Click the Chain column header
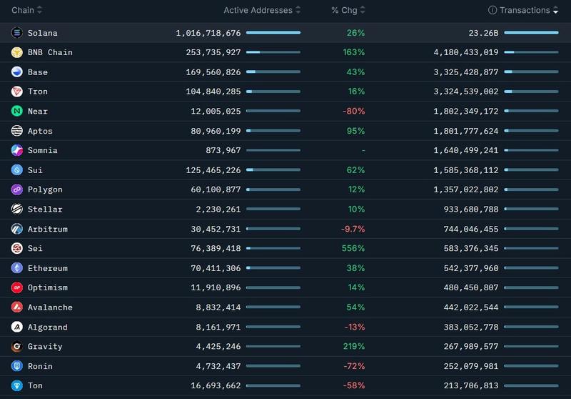tap(23, 11)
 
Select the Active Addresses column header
tap(258, 11)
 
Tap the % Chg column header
tap(344, 11)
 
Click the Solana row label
tap(42, 33)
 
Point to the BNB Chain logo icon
tap(17, 52)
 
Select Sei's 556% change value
tap(353, 249)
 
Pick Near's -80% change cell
tap(353, 112)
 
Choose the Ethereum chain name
tap(47, 268)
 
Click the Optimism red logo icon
tap(17, 287)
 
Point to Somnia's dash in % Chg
tap(363, 151)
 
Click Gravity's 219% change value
tap(353, 347)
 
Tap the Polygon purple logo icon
tap(17, 189)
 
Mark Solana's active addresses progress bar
tap(273, 33)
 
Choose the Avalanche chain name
tap(50, 307)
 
